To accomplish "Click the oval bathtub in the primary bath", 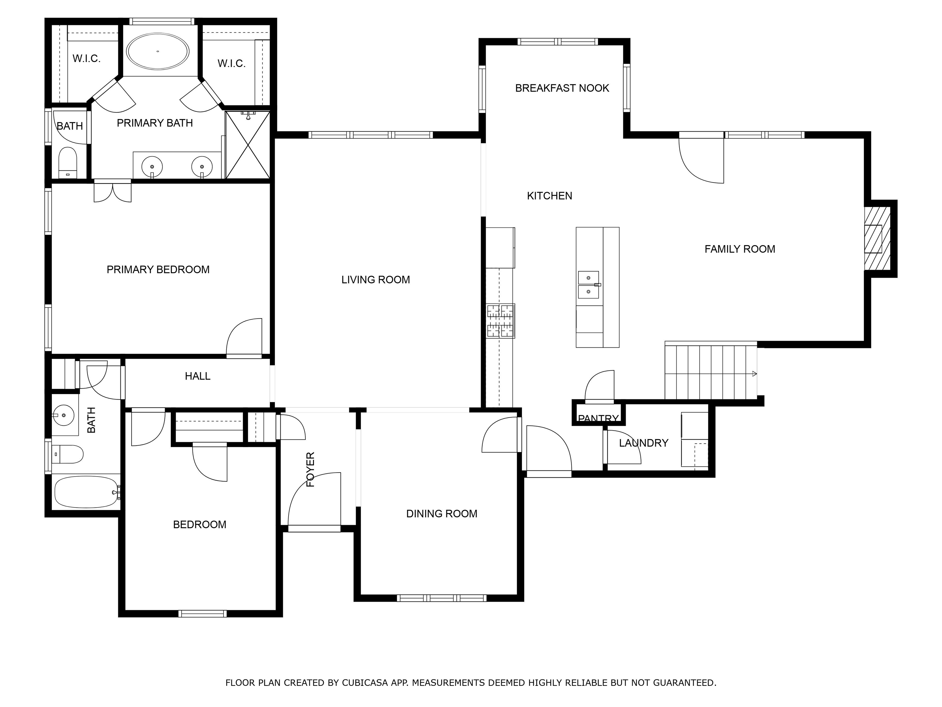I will coord(158,51).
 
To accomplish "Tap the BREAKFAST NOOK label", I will coord(562,88).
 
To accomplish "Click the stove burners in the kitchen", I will coord(500,321).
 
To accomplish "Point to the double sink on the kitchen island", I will coord(588,285).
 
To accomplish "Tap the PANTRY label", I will coord(598,419).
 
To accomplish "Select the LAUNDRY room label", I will coord(643,443).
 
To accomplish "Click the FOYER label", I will coord(310,469).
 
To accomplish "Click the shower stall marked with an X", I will coord(247,145).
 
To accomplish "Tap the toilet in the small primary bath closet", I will coord(67,162).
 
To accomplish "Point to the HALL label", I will coord(197,376).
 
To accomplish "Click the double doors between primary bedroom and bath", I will coord(113,191).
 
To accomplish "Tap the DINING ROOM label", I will coord(442,514).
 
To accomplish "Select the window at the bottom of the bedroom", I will coord(202,614).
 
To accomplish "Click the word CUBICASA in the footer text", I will coord(365,683).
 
